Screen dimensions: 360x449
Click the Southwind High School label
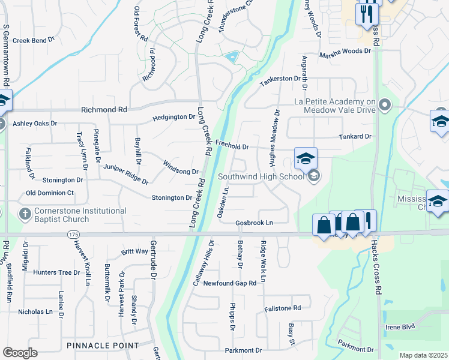(261, 176)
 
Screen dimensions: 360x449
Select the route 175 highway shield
(73, 233)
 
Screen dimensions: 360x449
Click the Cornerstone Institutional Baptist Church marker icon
(25, 214)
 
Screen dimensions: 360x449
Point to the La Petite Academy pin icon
(385, 106)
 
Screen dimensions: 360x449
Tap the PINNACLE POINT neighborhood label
(102, 346)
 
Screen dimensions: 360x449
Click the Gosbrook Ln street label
(254, 223)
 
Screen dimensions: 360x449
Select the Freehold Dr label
(232, 146)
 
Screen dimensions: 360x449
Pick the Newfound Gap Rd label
(230, 283)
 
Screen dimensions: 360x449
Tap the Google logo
(20, 353)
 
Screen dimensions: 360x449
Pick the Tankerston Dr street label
(279, 79)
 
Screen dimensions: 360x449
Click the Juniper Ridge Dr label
(125, 174)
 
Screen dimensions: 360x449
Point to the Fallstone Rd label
(282, 308)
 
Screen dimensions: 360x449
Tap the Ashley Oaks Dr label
(35, 123)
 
